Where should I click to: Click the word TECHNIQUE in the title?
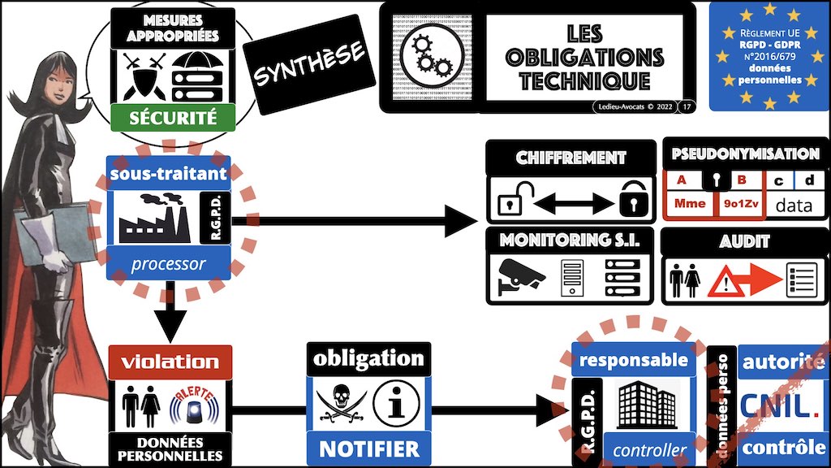(x=584, y=80)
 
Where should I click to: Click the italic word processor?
(x=169, y=264)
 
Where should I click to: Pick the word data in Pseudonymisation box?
(x=793, y=205)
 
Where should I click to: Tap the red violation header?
(x=170, y=362)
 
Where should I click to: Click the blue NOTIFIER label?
(x=369, y=448)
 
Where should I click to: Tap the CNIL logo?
(x=783, y=404)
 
